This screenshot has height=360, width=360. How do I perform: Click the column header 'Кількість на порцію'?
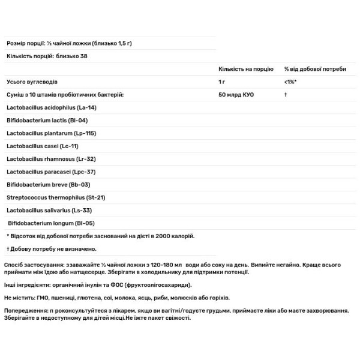(x=246, y=69)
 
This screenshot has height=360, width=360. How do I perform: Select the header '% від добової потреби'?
(x=315, y=69)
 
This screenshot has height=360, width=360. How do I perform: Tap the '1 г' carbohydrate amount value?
(x=223, y=82)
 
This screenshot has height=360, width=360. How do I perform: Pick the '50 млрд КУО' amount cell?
(x=236, y=95)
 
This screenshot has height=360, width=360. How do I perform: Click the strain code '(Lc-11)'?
(x=68, y=146)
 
